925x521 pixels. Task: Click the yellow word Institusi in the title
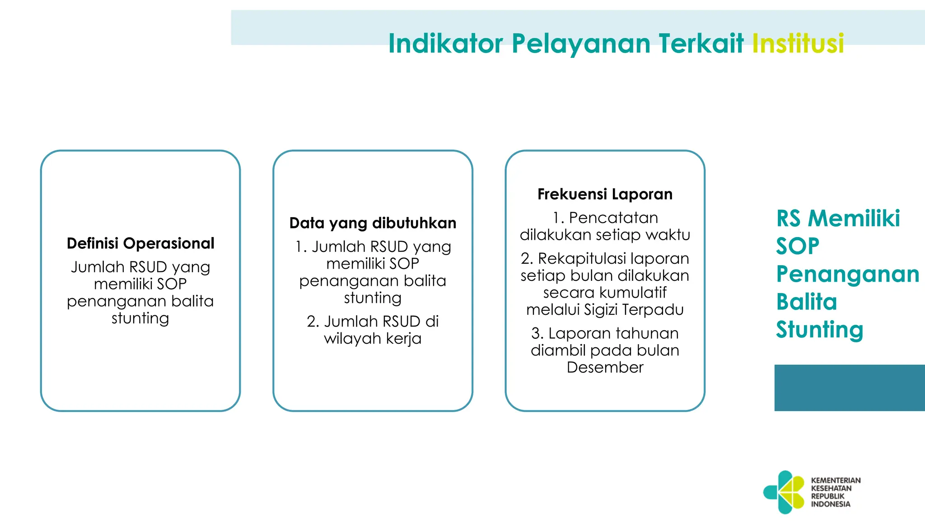coord(798,43)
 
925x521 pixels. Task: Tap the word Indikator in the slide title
coord(445,43)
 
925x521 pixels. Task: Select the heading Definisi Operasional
coord(140,243)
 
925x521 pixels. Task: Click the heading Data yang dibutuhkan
coord(373,223)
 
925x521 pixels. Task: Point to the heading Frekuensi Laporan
coord(605,194)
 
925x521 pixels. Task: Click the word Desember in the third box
coord(605,367)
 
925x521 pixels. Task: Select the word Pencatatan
coord(613,218)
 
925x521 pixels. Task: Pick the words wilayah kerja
coord(373,338)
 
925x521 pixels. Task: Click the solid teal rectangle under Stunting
coord(849,388)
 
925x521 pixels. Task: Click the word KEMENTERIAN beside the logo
coord(836,480)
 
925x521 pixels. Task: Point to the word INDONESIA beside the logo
coord(830,504)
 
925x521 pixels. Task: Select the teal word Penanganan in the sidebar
coord(847,274)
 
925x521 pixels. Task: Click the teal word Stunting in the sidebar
coord(819,330)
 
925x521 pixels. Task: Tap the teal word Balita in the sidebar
coord(807,302)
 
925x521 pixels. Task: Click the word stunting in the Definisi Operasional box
coord(140,318)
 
